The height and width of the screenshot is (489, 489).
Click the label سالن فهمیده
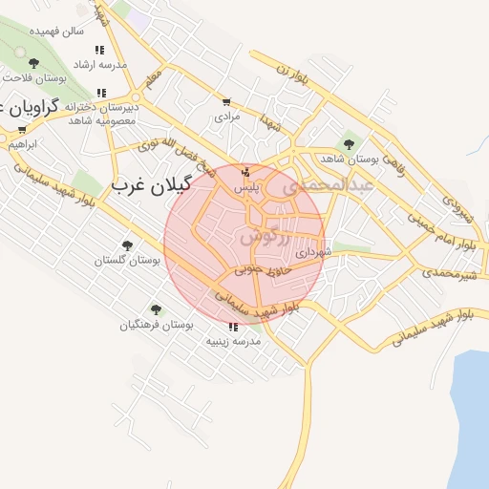pos(58,32)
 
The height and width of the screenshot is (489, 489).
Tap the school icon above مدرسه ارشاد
pos(99,50)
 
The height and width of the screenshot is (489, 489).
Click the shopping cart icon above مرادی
pos(226,102)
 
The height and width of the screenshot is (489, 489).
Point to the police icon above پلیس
pos(246,172)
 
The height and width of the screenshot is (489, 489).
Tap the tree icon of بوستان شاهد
pos(348,144)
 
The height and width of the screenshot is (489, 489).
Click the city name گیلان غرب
pos(153,183)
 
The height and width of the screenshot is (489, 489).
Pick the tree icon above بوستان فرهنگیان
pos(156,309)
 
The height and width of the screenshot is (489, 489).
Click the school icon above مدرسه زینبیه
pos(233,326)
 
